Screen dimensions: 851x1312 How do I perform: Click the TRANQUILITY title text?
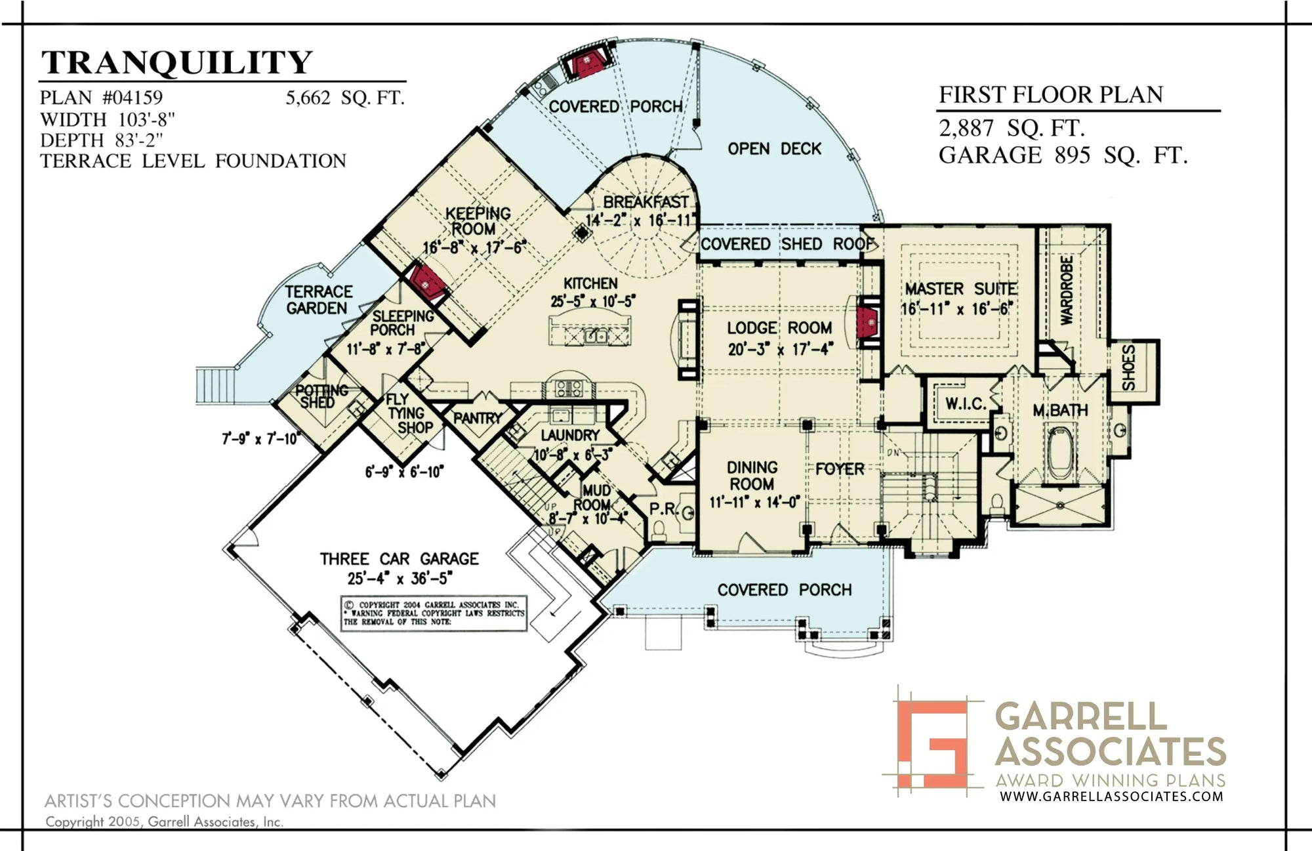pyautogui.click(x=176, y=63)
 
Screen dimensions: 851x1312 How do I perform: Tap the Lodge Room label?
pyautogui.click(x=779, y=328)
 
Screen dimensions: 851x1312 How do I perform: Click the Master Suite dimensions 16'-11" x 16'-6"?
pyautogui.click(x=957, y=308)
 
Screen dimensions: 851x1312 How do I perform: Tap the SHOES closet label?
pyautogui.click(x=1129, y=368)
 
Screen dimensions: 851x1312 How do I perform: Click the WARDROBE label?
pyautogui.click(x=1067, y=290)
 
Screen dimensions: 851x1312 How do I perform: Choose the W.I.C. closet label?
pyautogui.click(x=965, y=404)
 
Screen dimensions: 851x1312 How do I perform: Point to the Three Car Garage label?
pyautogui.click(x=399, y=559)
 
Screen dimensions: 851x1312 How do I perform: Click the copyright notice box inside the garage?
pyautogui.click(x=434, y=614)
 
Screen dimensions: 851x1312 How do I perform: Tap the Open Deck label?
pyautogui.click(x=774, y=149)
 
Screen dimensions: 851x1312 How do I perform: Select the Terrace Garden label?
pyautogui.click(x=318, y=300)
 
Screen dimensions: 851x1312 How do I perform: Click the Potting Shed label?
pyautogui.click(x=321, y=396)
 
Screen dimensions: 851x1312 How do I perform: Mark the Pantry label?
pyautogui.click(x=478, y=417)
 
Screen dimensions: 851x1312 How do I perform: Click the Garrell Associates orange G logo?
pyautogui.click(x=932, y=743)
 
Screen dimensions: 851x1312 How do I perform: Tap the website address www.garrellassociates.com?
pyautogui.click(x=1111, y=797)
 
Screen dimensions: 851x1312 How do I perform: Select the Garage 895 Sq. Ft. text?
pyautogui.click(x=1062, y=156)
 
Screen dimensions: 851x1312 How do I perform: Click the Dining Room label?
pyautogui.click(x=752, y=476)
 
